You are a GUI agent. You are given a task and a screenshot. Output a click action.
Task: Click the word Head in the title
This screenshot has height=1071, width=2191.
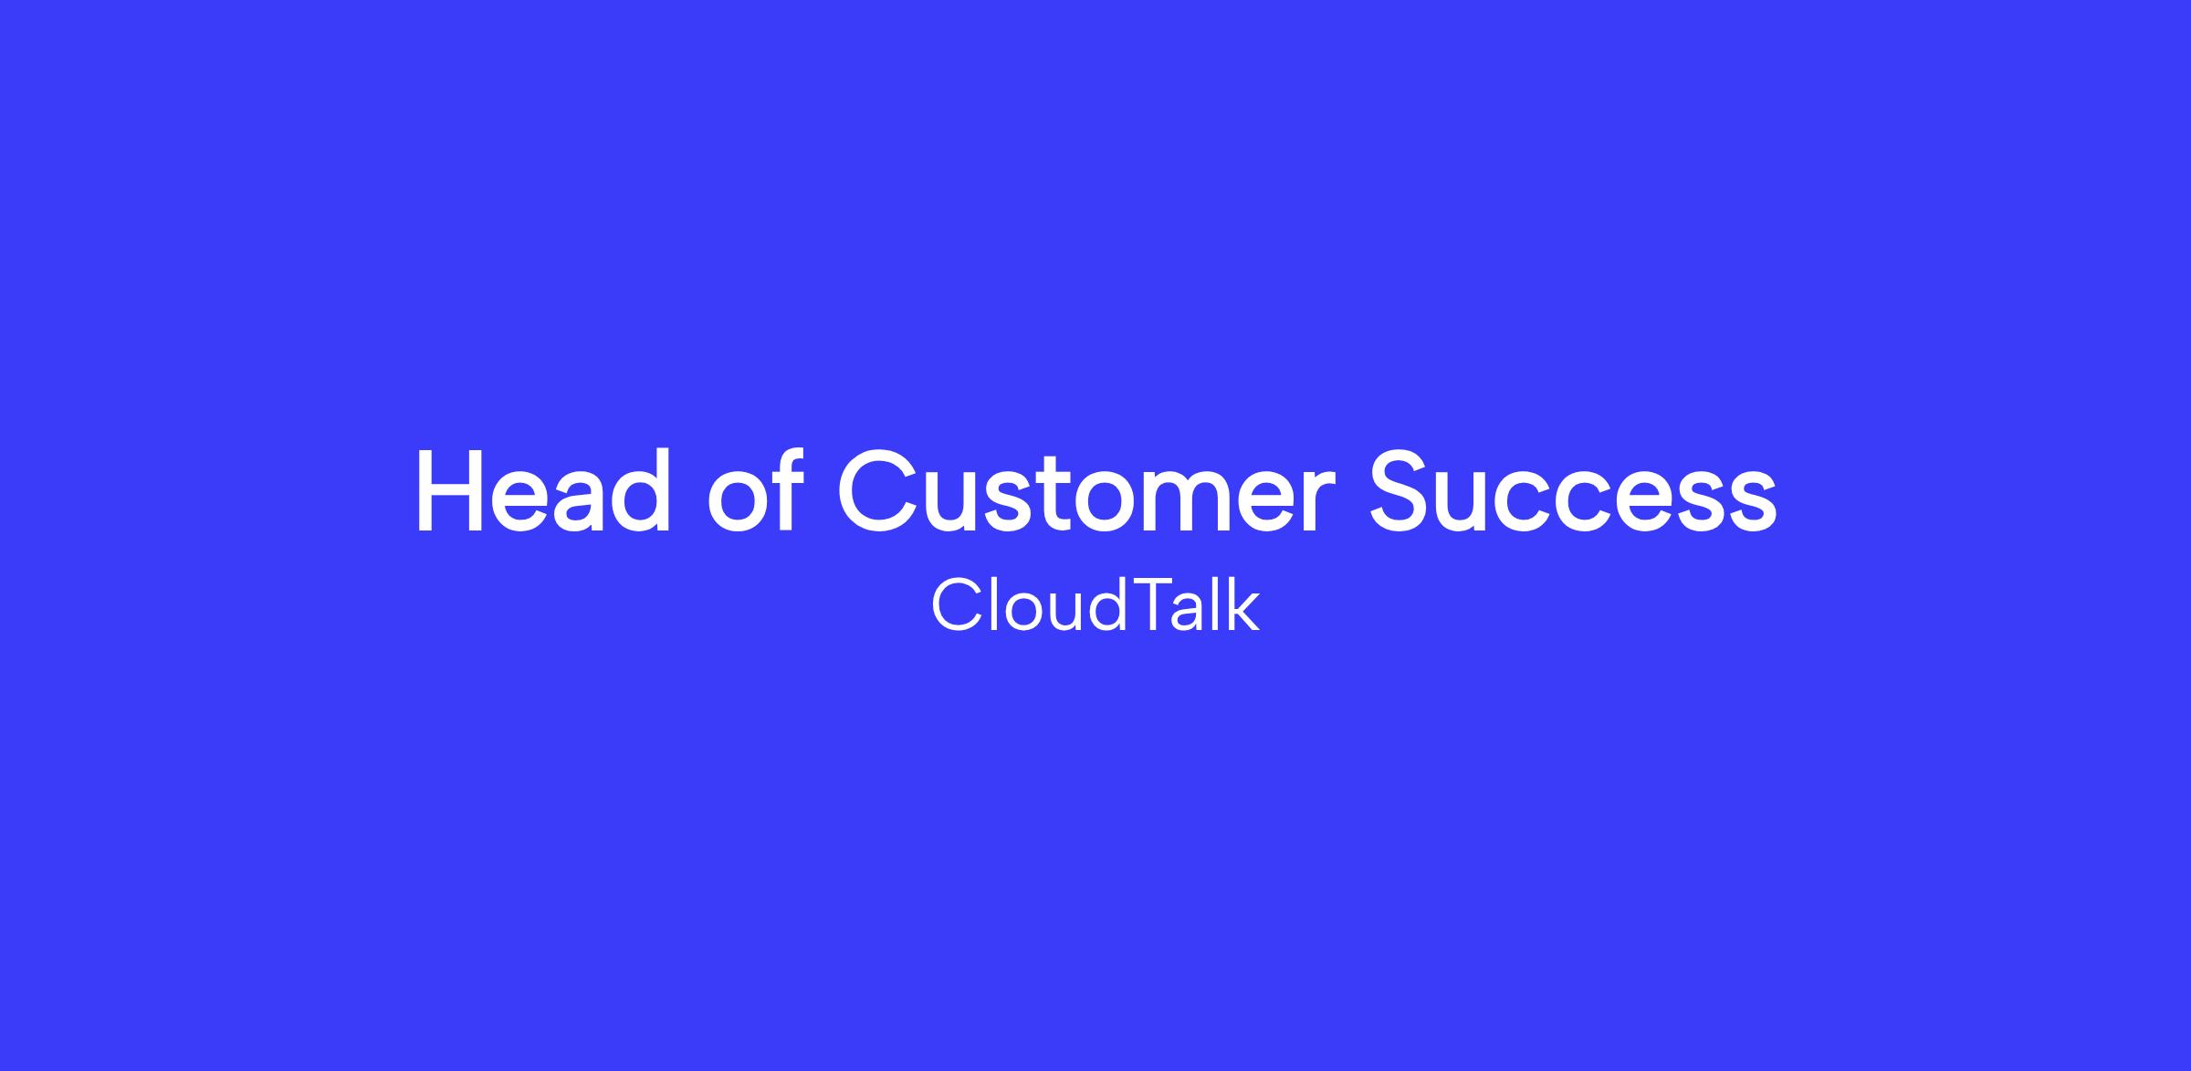(544, 491)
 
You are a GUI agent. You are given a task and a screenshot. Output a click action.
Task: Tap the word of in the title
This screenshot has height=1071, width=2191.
(754, 489)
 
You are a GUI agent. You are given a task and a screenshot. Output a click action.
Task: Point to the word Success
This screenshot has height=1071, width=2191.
(1573, 491)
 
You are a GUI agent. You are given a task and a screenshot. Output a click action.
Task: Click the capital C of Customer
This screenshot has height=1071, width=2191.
(878, 491)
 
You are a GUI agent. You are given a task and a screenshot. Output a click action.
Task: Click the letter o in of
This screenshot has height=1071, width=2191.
(737, 502)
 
